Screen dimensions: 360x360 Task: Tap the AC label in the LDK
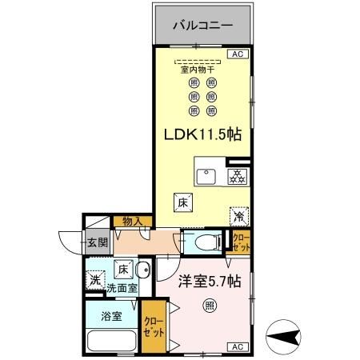(x=238, y=54)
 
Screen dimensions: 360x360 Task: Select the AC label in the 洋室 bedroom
(x=238, y=346)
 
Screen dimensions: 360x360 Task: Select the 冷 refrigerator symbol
(x=238, y=215)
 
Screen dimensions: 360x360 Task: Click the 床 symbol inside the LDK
(x=182, y=203)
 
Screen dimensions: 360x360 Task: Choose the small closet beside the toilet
(x=240, y=241)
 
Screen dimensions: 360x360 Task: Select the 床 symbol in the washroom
(x=125, y=269)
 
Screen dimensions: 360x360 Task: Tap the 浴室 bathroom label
(x=112, y=316)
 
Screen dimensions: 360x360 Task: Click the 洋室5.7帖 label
(x=204, y=282)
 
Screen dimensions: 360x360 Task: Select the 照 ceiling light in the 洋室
(x=209, y=303)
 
